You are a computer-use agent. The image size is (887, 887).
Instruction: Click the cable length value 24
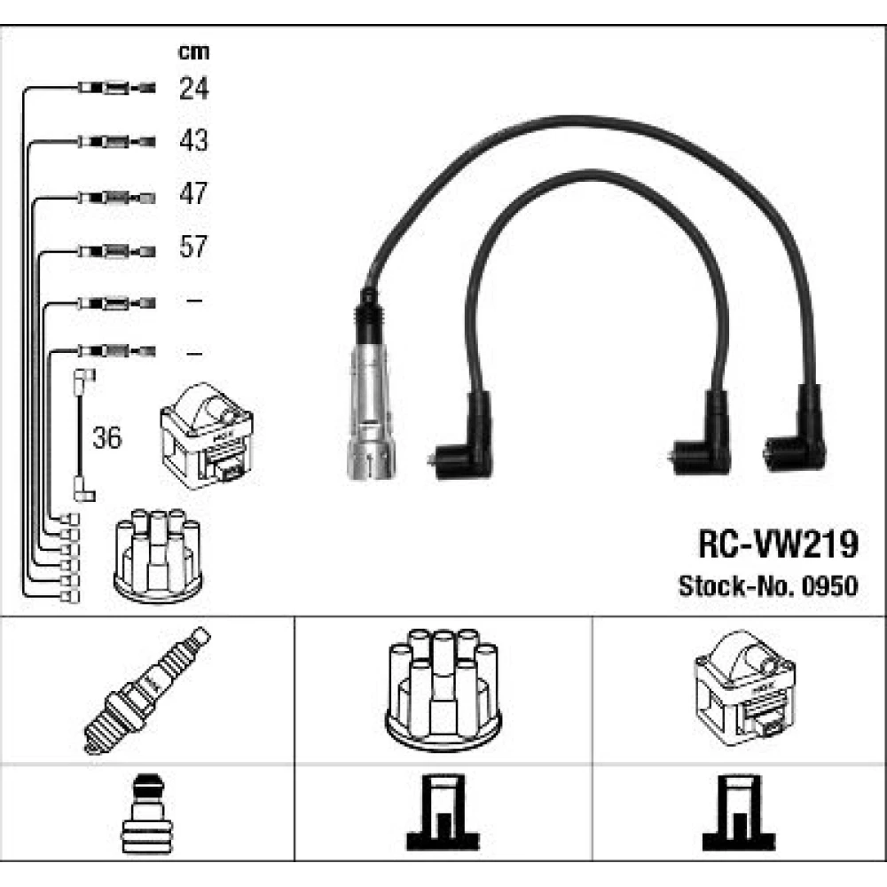[193, 88]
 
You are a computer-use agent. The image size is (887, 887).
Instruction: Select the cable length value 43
[193, 140]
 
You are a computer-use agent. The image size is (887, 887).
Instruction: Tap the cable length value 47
[193, 193]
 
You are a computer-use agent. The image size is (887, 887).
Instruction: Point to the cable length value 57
[193, 247]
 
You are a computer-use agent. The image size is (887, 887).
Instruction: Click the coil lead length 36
[108, 438]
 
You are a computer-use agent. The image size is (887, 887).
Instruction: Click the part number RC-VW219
[778, 545]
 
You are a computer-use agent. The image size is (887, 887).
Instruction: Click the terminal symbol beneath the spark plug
[147, 812]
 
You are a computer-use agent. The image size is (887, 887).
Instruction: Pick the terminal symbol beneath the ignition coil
[740, 812]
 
